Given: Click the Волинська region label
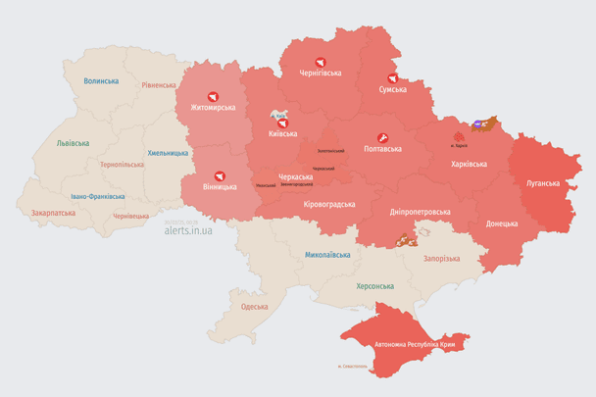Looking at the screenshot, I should coord(101,81).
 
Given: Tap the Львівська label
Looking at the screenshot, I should coord(73,143).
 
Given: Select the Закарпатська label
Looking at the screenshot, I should coord(53,212).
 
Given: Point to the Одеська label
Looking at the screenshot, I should coord(254,307).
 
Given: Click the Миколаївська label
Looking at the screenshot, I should coord(327,254).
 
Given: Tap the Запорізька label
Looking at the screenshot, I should coord(441,258).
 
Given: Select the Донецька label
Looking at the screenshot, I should coord(502,223).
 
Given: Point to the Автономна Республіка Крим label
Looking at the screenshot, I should coord(414,345).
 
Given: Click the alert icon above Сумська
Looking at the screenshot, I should coord(392,77).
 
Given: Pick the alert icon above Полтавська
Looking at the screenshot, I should coord(381,136).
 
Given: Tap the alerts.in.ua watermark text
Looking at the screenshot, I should coord(188,230).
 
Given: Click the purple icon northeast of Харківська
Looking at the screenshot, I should coord(477,124).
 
